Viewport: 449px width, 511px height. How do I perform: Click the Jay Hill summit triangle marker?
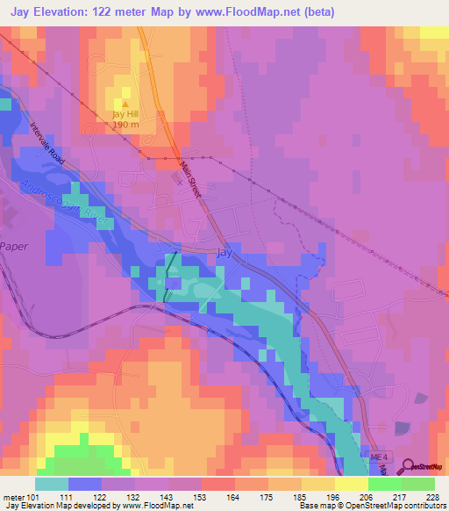[x=124, y=103]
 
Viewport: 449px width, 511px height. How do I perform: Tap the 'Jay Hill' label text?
[x=125, y=114]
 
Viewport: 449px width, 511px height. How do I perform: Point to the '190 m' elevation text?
[x=125, y=126]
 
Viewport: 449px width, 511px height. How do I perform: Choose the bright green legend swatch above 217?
[x=384, y=484]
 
